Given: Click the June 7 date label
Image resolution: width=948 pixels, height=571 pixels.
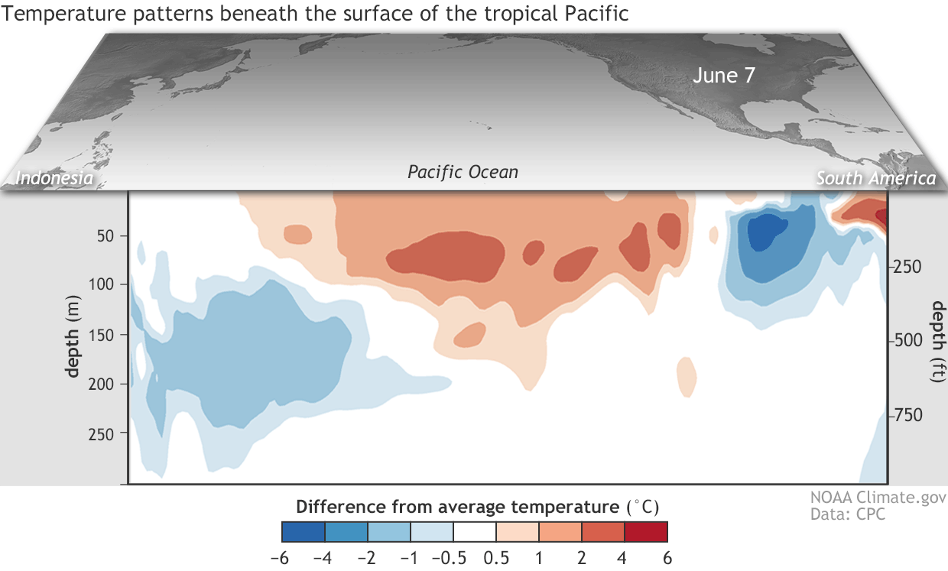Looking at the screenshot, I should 724,76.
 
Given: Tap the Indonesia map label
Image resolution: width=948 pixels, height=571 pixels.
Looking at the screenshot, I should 55,179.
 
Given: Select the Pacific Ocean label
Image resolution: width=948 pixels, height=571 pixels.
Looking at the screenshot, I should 463,172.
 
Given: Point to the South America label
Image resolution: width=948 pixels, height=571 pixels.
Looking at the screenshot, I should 875,179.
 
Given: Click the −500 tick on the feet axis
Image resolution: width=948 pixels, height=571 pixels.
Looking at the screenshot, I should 912,340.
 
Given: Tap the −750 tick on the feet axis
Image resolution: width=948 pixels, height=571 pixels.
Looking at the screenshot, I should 912,414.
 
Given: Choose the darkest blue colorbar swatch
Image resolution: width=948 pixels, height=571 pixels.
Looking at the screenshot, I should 304,530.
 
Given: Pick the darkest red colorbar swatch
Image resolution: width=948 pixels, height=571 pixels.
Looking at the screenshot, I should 646,530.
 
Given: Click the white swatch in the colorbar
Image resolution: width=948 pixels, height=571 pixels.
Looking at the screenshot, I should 475,530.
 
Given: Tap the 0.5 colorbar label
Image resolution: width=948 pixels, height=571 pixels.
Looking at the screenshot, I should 496,558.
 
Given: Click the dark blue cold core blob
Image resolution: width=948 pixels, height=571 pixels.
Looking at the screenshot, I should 766,231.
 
